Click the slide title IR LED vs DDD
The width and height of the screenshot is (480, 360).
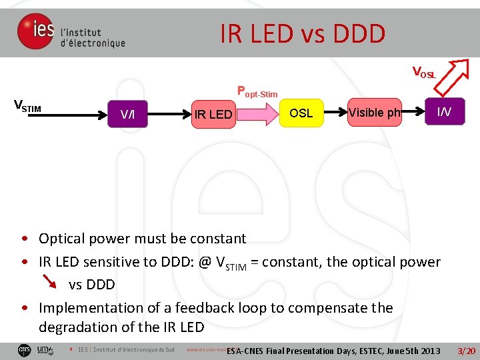pyautogui.click(x=303, y=33)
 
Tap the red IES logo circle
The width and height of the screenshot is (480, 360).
pyautogui.click(x=35, y=31)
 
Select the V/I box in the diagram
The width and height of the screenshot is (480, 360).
pyautogui.click(x=127, y=114)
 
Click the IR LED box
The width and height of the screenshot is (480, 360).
pyautogui.click(x=212, y=114)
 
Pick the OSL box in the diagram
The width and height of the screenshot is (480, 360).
pyautogui.click(x=301, y=113)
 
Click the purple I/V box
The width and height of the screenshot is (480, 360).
pyautogui.click(x=444, y=111)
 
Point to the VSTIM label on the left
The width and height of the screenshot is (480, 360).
pyautogui.click(x=28, y=105)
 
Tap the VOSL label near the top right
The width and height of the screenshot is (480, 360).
pyautogui.click(x=424, y=72)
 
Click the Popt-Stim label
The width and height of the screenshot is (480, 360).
pyautogui.click(x=257, y=92)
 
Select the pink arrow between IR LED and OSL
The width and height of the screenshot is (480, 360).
pyautogui.click(x=257, y=114)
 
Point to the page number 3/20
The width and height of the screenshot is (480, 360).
pyautogui.click(x=465, y=351)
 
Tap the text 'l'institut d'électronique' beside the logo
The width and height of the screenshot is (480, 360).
pyautogui.click(x=93, y=37)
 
